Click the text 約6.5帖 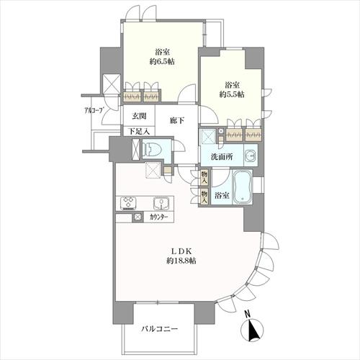pos(161,63)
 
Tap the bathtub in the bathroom pos(243,188)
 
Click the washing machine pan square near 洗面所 pos(208,136)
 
